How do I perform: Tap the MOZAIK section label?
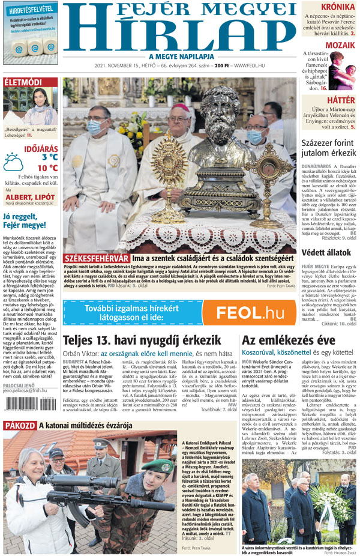click(x=340, y=44)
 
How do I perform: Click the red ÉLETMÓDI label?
click(x=23, y=82)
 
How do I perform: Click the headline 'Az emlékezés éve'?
click(x=284, y=340)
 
